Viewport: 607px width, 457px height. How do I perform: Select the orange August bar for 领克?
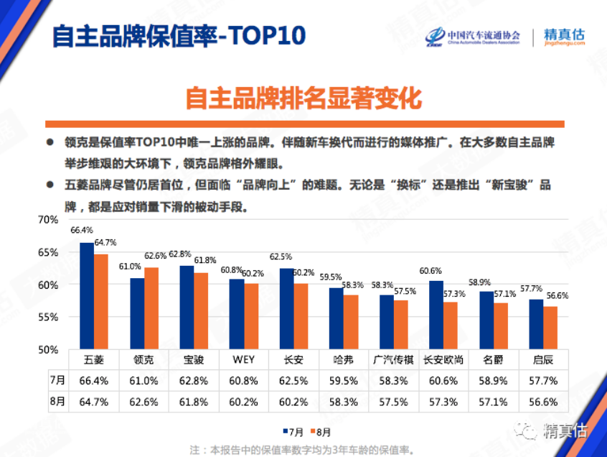tap(151, 308)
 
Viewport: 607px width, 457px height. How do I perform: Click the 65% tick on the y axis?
tap(47, 252)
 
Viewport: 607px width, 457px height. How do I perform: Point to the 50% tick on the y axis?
tap(47, 350)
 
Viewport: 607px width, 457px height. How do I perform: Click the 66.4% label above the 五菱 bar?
tap(81, 231)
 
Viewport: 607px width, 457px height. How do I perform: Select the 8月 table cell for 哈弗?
tap(343, 401)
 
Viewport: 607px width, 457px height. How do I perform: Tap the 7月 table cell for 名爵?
tap(494, 379)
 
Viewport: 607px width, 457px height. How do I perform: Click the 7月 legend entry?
tap(293, 432)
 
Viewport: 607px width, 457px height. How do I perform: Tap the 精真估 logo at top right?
tap(565, 36)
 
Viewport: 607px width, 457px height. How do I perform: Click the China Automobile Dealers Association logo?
tap(474, 37)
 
